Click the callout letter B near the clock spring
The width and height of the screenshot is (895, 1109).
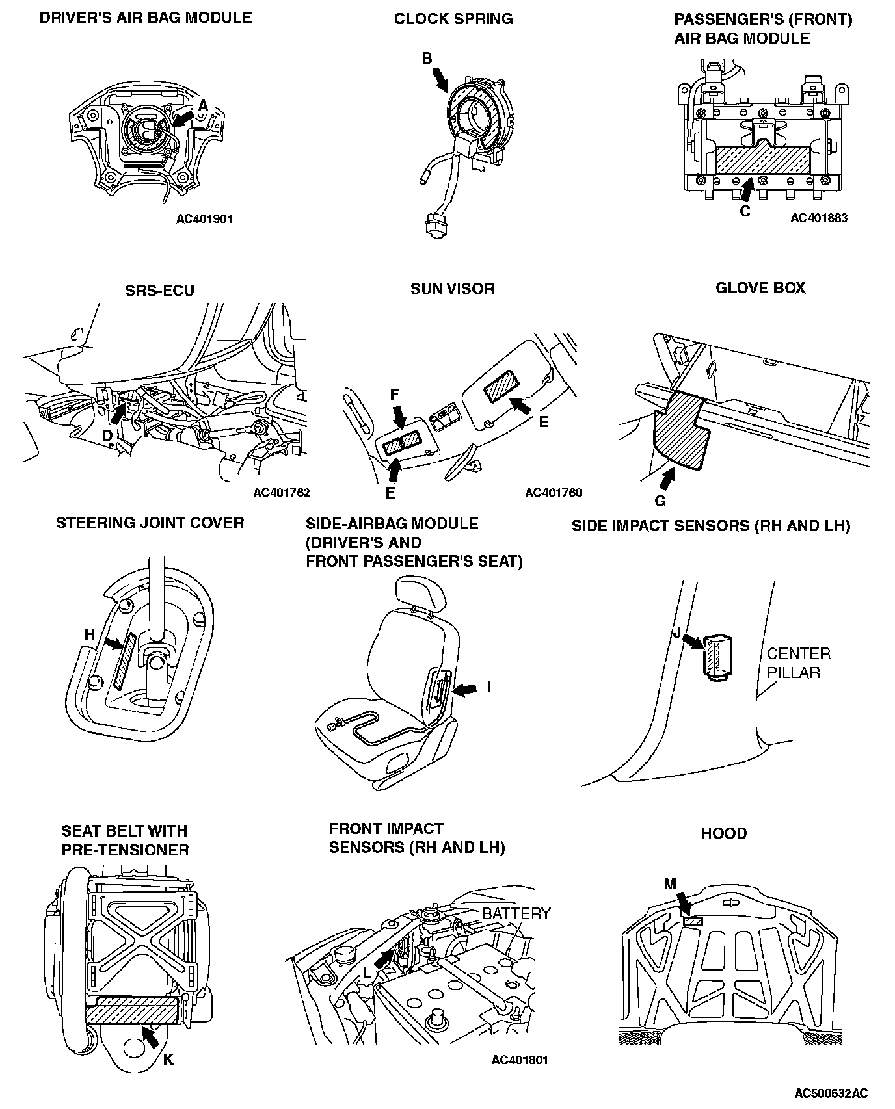pos(427,59)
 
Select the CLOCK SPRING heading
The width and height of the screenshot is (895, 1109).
pos(453,19)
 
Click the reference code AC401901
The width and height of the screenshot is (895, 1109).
pos(204,219)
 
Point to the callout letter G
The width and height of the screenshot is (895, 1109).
pos(660,501)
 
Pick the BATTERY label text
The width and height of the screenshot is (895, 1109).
pos(516,913)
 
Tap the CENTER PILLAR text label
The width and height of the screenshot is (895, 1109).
pos(799,662)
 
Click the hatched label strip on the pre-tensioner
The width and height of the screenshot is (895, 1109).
pos(132,1012)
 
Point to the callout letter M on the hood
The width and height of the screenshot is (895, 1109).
pos(670,883)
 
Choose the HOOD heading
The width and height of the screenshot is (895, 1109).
pos(724,833)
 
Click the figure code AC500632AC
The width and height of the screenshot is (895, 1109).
pos(831,1093)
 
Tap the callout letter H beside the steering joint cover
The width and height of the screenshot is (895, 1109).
pos(90,634)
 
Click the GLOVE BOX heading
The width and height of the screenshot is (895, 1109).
pos(760,287)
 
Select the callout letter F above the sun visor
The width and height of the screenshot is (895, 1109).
pos(394,394)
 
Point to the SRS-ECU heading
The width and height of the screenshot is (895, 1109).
pos(160,290)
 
